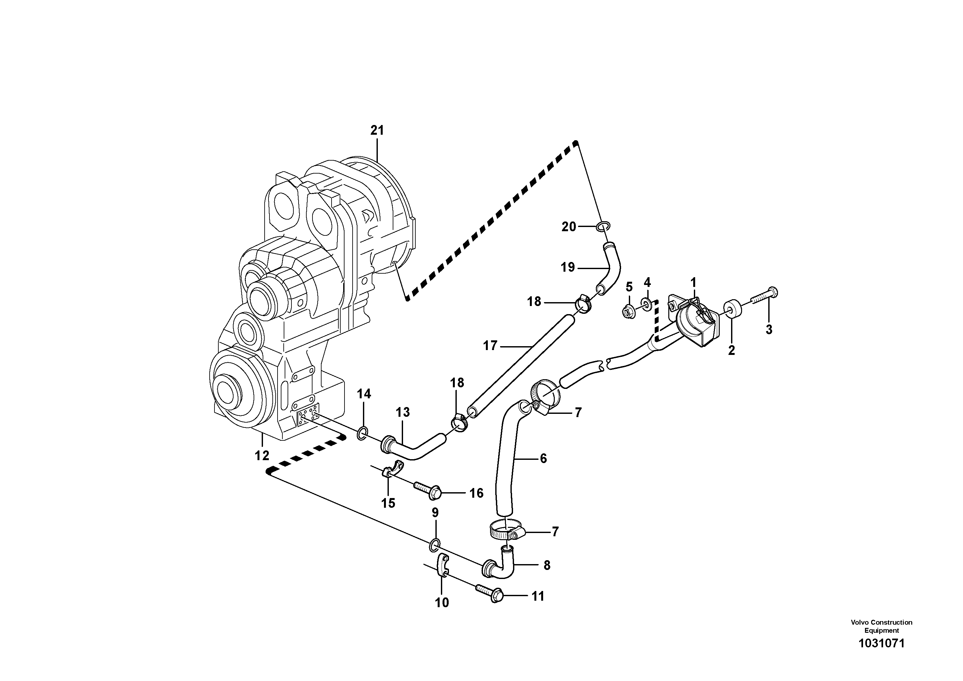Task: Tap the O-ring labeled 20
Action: click(x=603, y=226)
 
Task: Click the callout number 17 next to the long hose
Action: click(x=490, y=346)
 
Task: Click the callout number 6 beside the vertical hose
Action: click(x=543, y=459)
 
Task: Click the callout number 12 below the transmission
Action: click(x=262, y=455)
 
